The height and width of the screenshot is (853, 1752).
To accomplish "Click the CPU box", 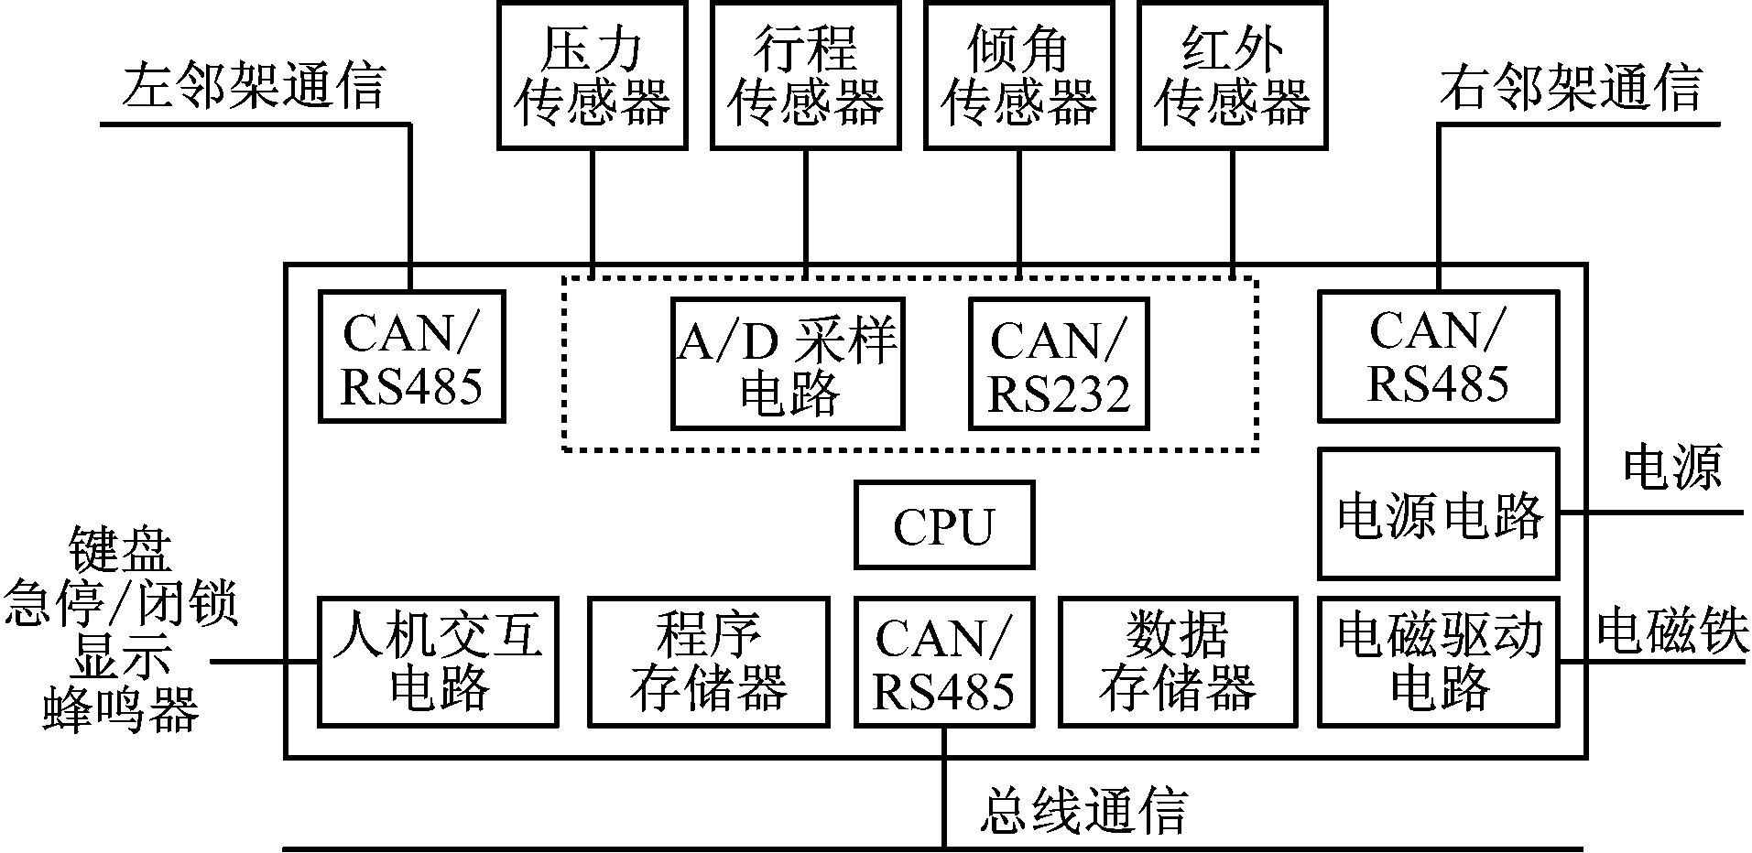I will (x=944, y=525).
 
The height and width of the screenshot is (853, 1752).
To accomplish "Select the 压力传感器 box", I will (x=593, y=75).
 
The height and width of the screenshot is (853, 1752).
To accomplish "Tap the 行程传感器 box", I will (x=806, y=75).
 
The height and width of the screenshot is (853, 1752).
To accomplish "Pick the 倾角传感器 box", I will (x=1019, y=75).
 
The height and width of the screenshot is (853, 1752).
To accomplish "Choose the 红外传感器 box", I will (x=1233, y=75).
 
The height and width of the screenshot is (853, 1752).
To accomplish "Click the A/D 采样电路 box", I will (x=788, y=363).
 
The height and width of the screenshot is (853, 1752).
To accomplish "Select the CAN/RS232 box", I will (x=1059, y=363).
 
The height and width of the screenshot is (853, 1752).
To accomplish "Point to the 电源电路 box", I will (x=1438, y=513).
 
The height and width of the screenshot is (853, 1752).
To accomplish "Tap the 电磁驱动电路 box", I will (x=1438, y=662).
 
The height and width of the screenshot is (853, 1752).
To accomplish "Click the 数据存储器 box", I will (x=1178, y=662).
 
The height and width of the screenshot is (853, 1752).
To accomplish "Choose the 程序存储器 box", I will (x=708, y=662).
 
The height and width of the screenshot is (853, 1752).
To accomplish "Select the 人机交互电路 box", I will (x=438, y=662).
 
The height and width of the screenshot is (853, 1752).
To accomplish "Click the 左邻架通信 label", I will (x=254, y=87).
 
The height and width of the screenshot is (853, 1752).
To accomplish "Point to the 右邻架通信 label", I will (x=1571, y=87).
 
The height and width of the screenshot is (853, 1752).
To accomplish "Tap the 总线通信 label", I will (x=1083, y=809).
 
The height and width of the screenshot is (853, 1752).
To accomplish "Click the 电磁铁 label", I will (x=1672, y=632).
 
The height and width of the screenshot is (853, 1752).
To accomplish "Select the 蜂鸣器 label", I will (x=121, y=710).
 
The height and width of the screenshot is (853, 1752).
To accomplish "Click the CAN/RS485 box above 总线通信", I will (x=944, y=662).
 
